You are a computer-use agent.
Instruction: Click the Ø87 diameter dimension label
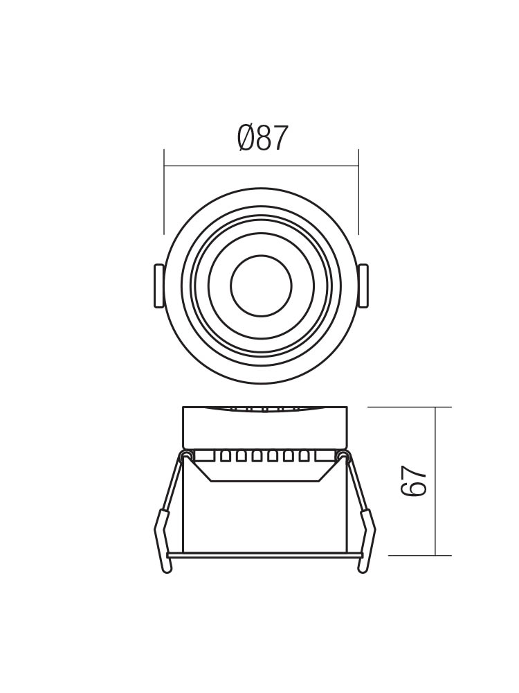coord(262,137)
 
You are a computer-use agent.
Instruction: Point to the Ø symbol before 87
coord(246,137)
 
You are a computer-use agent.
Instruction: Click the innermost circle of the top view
coord(262,286)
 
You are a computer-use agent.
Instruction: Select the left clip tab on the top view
coord(158,286)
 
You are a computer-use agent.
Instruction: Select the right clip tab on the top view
coord(363,286)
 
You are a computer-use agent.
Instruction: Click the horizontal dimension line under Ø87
coord(262,166)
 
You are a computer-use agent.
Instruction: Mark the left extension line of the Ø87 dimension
coord(164,192)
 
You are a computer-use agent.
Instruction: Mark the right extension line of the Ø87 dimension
coord(358,192)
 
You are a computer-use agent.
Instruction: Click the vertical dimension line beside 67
coord(435,481)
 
